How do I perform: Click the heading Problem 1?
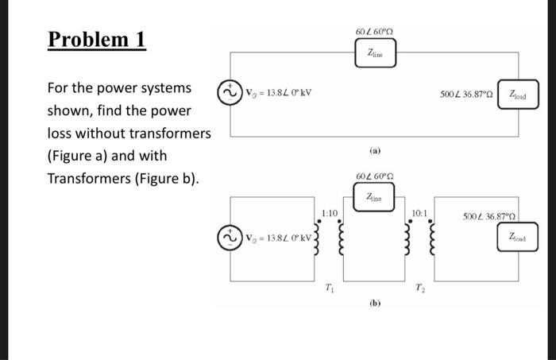[x=97, y=39]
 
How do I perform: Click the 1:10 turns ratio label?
[x=330, y=212]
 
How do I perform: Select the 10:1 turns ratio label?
[x=420, y=212]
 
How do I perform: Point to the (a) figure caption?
[x=374, y=149]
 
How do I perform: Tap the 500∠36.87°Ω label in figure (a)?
[x=467, y=95]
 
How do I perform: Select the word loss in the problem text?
[x=61, y=133]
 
